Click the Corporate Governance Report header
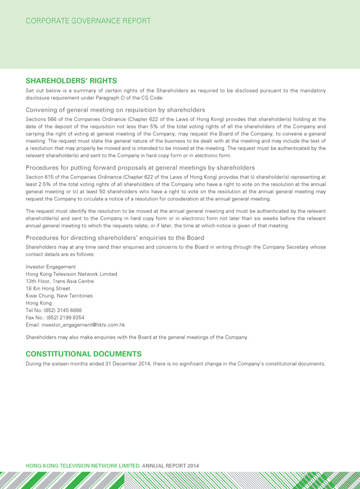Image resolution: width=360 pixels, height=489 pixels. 88,21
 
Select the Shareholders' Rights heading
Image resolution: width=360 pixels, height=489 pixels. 72,81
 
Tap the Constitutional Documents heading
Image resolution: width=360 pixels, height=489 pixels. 84,353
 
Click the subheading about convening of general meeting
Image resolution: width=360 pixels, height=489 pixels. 115,109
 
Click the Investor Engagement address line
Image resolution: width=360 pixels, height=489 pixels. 51,267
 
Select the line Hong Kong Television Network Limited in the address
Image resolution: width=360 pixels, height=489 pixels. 72,274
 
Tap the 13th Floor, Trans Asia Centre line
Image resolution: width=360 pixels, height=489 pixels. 60,281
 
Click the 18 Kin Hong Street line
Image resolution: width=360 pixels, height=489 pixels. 48,289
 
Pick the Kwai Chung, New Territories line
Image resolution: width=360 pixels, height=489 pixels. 59,296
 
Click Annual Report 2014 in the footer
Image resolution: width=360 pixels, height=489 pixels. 170,466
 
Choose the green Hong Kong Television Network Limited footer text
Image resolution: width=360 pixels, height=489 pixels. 83,466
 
